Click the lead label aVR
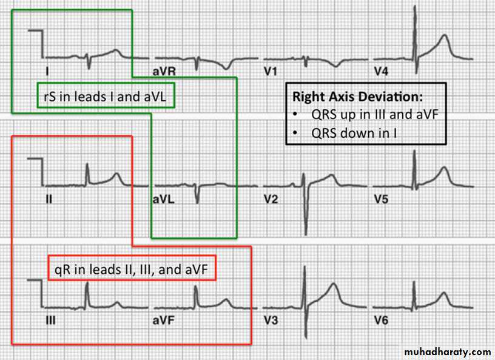tap(164, 72)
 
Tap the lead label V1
tap(271, 72)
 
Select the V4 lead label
tap(382, 72)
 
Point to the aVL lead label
tap(164, 200)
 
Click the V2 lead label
tap(271, 200)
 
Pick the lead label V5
tap(382, 200)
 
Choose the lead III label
tap(50, 321)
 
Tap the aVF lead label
tap(164, 321)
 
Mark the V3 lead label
tap(271, 321)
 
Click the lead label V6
tap(382, 321)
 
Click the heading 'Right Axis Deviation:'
tap(357, 97)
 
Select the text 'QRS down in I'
tap(354, 133)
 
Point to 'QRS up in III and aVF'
tap(375, 114)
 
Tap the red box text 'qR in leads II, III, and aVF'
tap(131, 270)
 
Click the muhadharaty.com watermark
tap(447, 352)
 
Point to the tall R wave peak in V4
tap(415, 6)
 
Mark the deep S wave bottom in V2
tap(306, 234)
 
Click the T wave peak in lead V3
tap(334, 284)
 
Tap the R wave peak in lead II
tap(87, 164)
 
